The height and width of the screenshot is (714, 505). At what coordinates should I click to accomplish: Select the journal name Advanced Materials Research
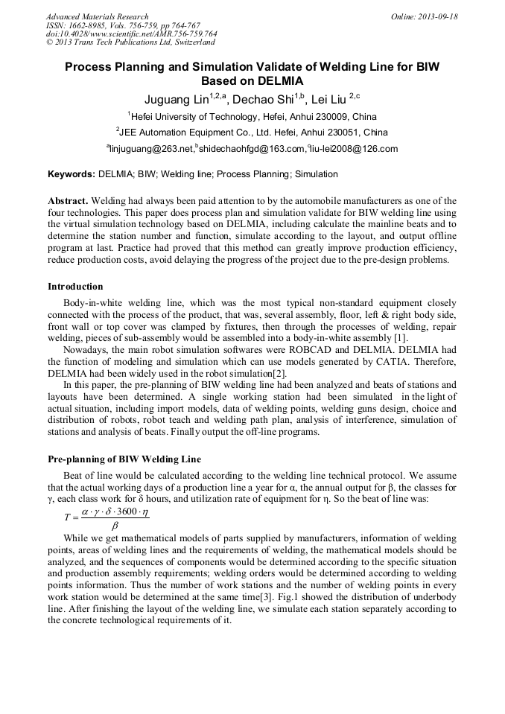coord(97,16)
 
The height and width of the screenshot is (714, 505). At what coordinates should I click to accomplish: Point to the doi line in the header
coord(132,34)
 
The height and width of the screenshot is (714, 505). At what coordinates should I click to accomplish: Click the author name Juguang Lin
coord(176,100)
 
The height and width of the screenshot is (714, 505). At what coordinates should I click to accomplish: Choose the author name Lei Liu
coord(328,100)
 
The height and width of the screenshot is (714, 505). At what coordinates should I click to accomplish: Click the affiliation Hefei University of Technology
coord(193,117)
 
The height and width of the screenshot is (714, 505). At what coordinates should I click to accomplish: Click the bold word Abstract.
coord(68,202)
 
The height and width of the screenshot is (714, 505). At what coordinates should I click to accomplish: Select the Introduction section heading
coord(75,287)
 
